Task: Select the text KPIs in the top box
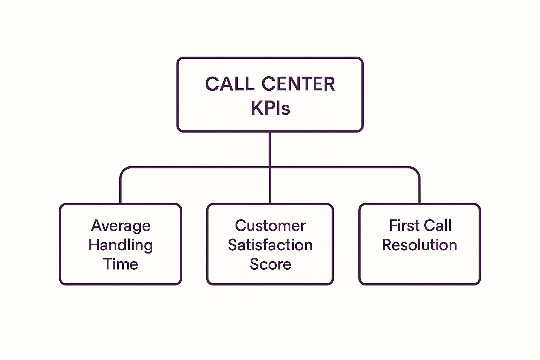tap(270, 108)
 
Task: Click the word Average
tap(121, 226)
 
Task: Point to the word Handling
tap(121, 245)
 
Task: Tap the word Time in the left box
tap(121, 264)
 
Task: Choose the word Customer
tap(270, 226)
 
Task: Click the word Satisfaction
tap(270, 245)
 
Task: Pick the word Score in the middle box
tap(270, 264)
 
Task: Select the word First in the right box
tap(404, 226)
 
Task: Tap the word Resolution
tap(419, 245)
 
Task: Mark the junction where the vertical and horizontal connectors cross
tap(270, 167)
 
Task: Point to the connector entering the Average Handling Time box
tap(121, 192)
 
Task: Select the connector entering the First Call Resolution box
tap(419, 192)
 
